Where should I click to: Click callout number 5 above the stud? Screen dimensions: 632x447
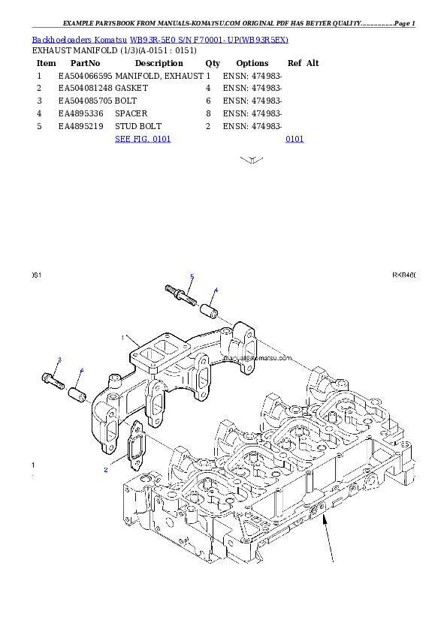point(192,277)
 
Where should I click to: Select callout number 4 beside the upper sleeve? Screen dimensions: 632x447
point(216,290)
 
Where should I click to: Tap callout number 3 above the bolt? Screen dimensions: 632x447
point(59,361)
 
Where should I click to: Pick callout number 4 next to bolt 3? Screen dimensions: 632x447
point(82,370)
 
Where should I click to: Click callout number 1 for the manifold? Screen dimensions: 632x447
point(122,338)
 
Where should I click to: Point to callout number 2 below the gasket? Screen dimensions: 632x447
point(106,470)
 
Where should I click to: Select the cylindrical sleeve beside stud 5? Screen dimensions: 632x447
point(207,308)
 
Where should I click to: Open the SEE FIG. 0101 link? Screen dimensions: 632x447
point(143,139)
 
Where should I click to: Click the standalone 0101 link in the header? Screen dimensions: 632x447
point(294,139)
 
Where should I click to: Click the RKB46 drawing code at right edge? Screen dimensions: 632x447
point(404,275)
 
